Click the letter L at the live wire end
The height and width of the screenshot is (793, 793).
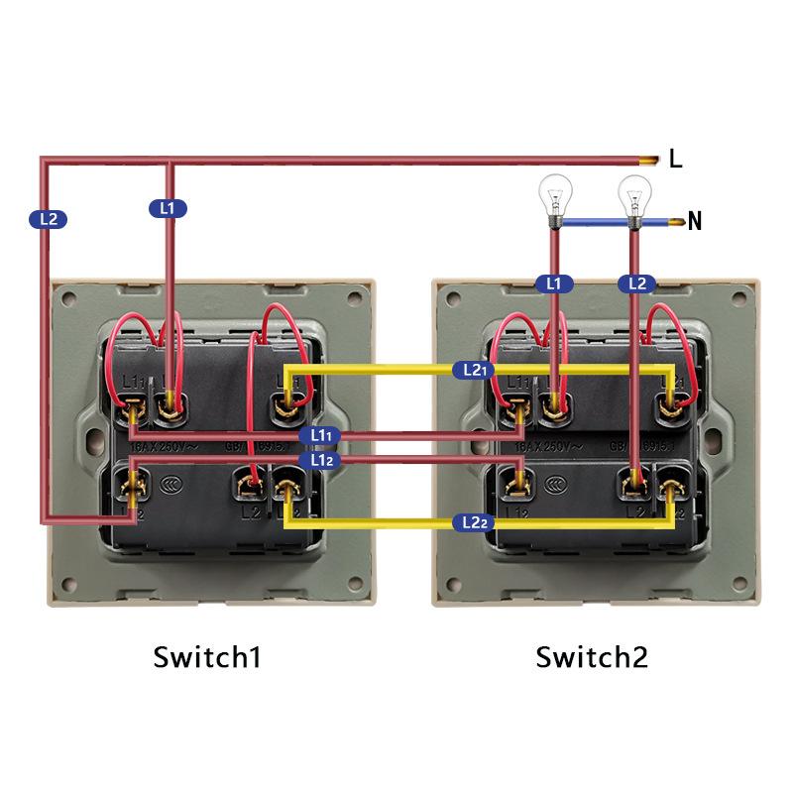(675, 159)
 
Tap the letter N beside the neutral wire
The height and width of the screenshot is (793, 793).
(694, 221)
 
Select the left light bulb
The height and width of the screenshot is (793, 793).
(553, 194)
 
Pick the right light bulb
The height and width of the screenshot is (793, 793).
(633, 194)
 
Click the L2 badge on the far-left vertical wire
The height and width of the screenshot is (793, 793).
(50, 218)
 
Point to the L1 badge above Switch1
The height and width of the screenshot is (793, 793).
(168, 208)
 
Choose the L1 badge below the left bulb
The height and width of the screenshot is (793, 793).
(554, 283)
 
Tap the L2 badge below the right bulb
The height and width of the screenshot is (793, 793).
(636, 283)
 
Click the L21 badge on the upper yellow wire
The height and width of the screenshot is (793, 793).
(473, 370)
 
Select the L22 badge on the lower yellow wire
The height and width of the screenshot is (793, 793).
(472, 521)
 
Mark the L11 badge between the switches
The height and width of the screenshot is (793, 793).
(321, 435)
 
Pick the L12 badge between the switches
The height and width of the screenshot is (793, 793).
(321, 460)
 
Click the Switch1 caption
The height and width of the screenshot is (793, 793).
(207, 656)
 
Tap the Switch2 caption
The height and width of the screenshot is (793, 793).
(592, 656)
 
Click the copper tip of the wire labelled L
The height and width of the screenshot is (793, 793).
(650, 159)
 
